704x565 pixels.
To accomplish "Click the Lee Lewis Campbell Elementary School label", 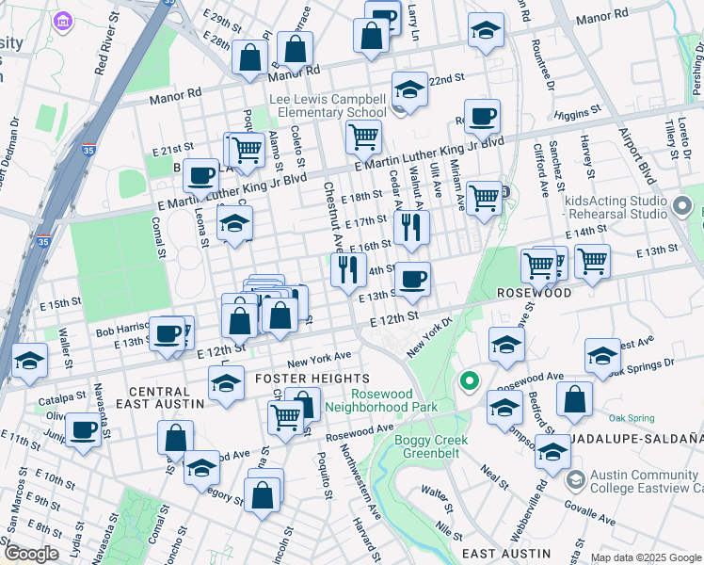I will (327, 105).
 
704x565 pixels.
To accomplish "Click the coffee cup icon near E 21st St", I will (200, 174).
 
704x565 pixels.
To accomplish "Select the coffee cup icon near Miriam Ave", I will (482, 117).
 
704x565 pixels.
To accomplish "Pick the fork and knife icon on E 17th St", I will (411, 227).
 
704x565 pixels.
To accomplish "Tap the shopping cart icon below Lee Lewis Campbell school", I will (363, 137).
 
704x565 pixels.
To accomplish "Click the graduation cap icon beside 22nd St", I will (409, 89).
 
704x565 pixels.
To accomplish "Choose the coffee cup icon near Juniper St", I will (83, 428).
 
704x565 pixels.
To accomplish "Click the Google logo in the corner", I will (31, 554).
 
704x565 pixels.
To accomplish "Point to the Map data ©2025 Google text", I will (646, 557).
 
